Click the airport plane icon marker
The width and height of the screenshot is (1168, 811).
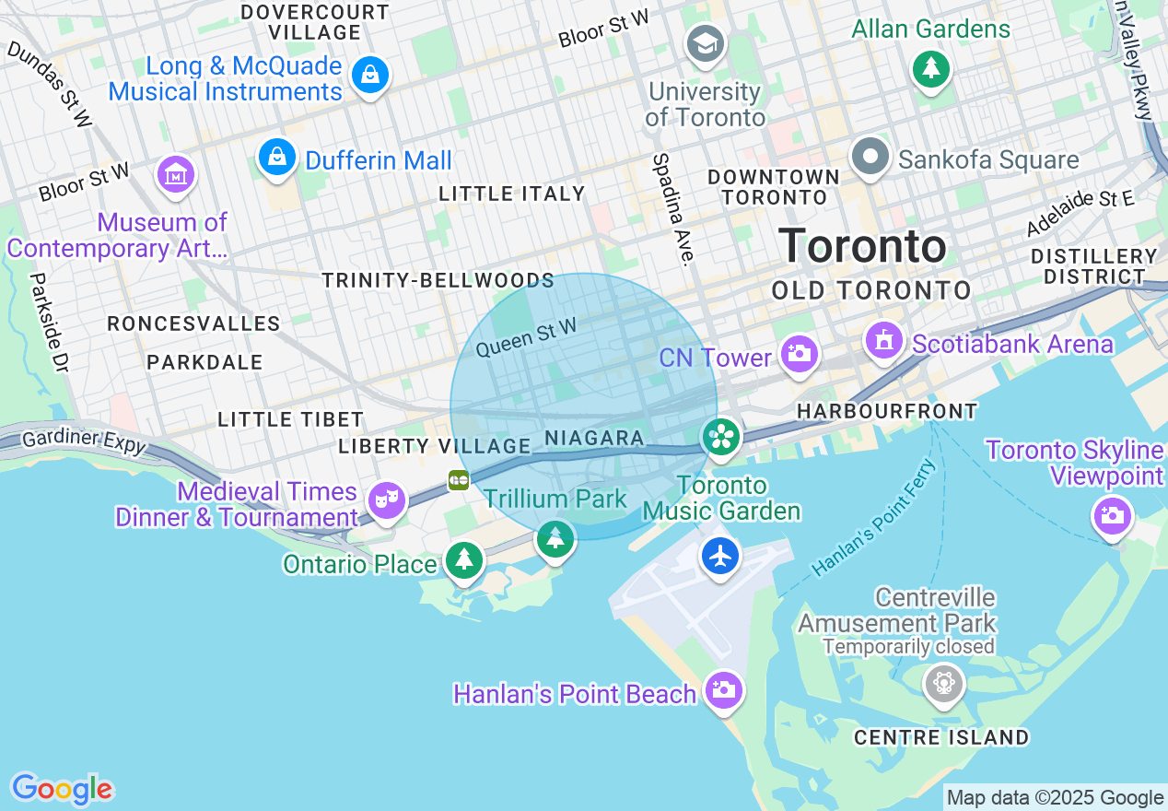(x=720, y=556)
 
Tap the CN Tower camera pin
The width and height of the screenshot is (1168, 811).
(x=799, y=354)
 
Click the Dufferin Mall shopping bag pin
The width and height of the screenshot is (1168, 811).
(x=276, y=158)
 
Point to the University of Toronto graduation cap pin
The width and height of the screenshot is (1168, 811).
(x=706, y=42)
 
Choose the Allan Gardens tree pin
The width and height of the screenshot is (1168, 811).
(x=931, y=67)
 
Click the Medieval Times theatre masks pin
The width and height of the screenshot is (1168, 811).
(x=387, y=500)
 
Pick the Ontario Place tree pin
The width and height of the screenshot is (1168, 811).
(x=464, y=558)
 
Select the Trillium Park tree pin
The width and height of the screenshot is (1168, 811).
(x=555, y=538)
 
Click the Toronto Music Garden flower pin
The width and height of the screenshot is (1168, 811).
(x=721, y=437)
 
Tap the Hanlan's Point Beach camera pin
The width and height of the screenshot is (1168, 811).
(x=723, y=688)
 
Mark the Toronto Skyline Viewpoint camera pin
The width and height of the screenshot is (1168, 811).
(x=1112, y=515)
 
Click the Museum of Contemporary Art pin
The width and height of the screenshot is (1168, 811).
(x=176, y=173)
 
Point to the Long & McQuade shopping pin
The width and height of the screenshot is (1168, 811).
(x=370, y=74)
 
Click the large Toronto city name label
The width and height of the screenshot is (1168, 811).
(x=862, y=246)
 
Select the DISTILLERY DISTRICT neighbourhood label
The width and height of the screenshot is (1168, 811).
(x=1093, y=266)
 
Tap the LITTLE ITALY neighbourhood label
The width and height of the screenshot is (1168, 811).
(x=512, y=194)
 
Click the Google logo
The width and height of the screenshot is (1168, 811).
(x=62, y=790)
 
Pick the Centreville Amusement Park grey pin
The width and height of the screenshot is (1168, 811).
(x=944, y=683)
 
